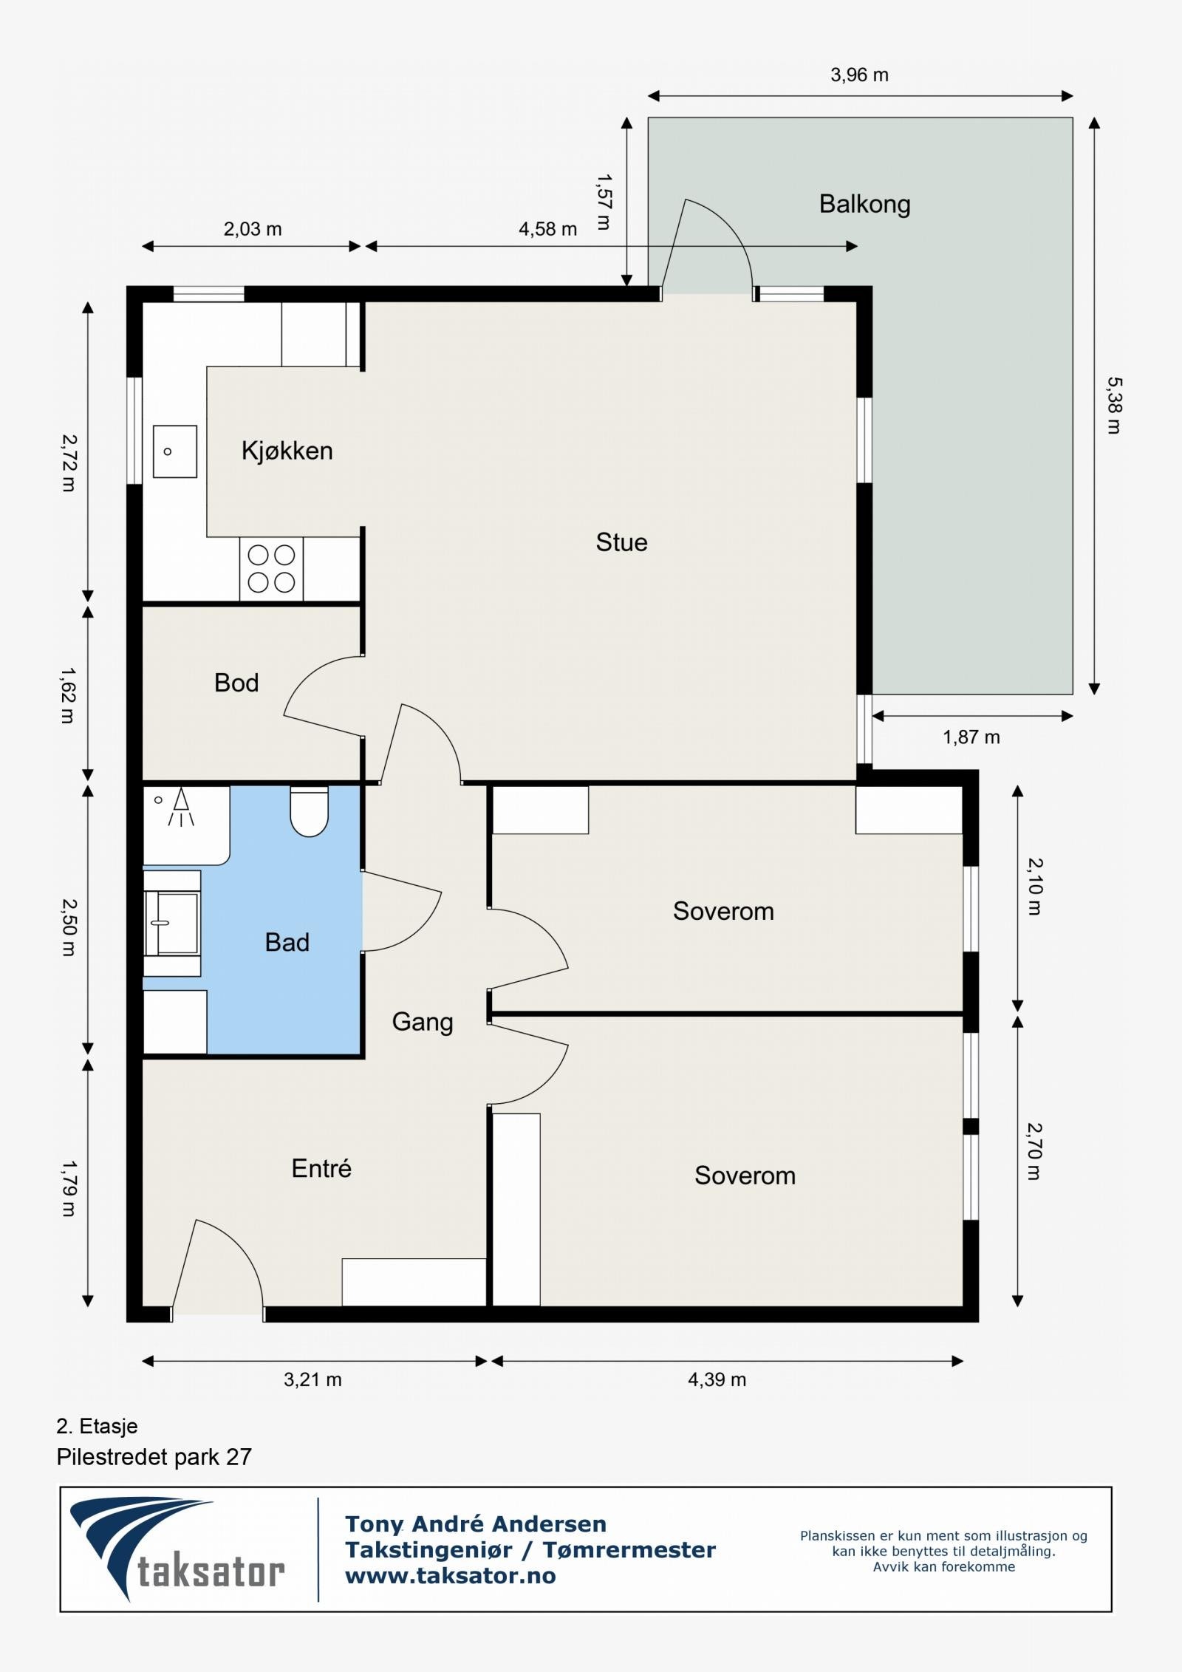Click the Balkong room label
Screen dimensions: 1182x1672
(x=864, y=205)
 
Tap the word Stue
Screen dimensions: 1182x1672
(x=621, y=542)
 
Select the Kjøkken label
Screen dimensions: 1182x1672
(x=287, y=451)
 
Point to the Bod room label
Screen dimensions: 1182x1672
(x=236, y=683)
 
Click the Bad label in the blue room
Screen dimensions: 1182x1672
(x=287, y=942)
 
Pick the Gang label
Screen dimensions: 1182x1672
(x=422, y=1023)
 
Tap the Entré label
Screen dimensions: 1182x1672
(x=321, y=1168)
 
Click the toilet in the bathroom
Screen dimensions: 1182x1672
(x=309, y=811)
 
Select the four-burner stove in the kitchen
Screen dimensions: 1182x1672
(x=271, y=569)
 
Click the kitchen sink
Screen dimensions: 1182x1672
(x=175, y=451)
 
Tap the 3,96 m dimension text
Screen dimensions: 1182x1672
(x=859, y=75)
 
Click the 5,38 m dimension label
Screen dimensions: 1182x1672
(x=1113, y=406)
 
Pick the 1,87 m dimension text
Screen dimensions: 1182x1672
(x=971, y=737)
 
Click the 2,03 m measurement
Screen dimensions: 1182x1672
(x=253, y=229)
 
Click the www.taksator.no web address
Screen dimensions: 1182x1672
(x=451, y=1576)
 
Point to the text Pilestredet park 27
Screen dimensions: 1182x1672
(x=154, y=1458)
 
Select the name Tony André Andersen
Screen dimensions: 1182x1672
(x=476, y=1524)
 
